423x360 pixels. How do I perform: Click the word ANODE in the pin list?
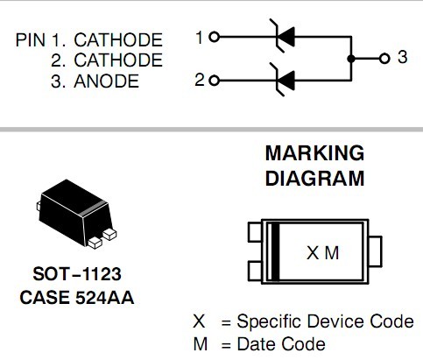coord(106,81)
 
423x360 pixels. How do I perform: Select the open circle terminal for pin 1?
coord(215,37)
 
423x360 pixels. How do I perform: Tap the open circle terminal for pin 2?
coord(215,81)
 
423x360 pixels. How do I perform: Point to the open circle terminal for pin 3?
coord(384,59)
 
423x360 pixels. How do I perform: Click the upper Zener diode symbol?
coord(283,36)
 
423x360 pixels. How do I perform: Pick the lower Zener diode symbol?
coord(283,80)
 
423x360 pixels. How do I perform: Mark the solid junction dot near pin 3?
coord(351,59)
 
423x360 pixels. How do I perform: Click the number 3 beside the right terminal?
coord(403,57)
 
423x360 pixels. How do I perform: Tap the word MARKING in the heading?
coord(314,153)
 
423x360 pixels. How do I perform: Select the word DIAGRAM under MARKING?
coord(314,179)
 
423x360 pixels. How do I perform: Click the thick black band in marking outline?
coord(275,251)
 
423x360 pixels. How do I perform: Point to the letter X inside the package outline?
coord(313,253)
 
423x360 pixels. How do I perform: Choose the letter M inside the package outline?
coord(332,253)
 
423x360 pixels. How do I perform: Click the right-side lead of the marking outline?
coord(376,251)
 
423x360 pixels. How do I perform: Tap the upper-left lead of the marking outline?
coord(255,232)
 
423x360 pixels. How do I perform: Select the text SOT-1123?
coord(77,274)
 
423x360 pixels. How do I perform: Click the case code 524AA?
coord(105,298)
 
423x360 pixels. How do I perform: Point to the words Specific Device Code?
coord(325,321)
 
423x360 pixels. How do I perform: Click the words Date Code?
coord(281,344)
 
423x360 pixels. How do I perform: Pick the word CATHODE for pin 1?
coord(118,39)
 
